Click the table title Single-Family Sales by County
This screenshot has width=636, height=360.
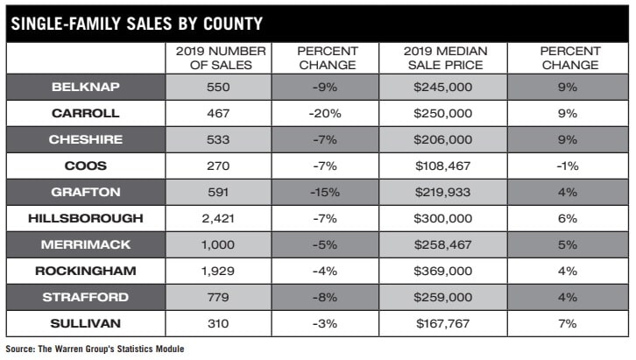click(149, 23)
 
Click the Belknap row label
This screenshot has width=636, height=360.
click(85, 88)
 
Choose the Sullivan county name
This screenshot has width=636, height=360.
click(85, 324)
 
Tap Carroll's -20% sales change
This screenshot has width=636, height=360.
click(326, 113)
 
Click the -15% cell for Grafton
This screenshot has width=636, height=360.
click(326, 191)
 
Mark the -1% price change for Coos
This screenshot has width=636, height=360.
click(568, 165)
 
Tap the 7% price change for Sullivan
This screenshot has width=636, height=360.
click(568, 324)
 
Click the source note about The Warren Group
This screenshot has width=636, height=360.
click(95, 349)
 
